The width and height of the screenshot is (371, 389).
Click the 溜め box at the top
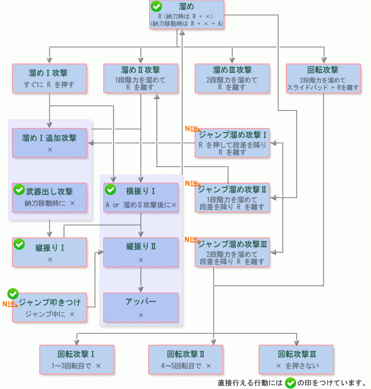[186, 15]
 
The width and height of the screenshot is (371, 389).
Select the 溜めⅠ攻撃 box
[50, 78]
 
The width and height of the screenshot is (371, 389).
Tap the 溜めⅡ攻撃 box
[141, 78]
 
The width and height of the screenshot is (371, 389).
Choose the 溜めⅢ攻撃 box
[232, 78]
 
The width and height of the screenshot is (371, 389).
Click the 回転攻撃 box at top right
[323, 78]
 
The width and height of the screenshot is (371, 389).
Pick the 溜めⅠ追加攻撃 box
[50, 143]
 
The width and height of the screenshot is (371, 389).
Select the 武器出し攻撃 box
[50, 197]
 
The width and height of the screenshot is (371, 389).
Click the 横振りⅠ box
[141, 197]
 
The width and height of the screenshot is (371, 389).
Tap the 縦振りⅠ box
[50, 252]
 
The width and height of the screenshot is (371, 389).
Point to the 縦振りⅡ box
[141, 252]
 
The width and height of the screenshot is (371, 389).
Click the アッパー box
[141, 307]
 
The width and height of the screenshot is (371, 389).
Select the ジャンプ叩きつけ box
[50, 307]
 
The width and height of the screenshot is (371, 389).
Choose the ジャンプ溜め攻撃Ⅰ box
[232, 143]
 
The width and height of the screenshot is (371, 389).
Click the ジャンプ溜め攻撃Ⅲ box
[232, 252]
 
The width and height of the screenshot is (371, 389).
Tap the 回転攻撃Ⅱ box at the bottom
[186, 359]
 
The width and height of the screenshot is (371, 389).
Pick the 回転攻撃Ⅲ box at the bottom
[296, 359]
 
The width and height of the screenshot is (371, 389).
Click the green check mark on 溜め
[156, 7]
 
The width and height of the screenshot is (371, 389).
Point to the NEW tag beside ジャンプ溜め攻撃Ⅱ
[191, 183]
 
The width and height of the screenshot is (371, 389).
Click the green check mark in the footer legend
[291, 383]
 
